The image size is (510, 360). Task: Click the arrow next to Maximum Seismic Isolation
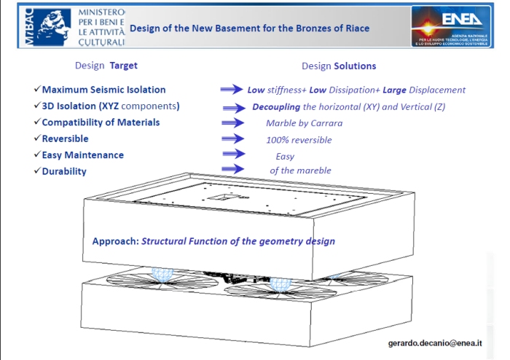(231, 90)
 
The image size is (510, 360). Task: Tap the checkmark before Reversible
(37, 138)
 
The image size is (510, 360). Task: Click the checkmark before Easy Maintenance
(37, 154)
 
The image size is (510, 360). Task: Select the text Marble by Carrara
(304, 123)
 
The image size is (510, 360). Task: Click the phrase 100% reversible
(299, 139)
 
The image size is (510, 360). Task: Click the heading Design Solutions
(339, 66)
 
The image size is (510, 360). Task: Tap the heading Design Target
(106, 66)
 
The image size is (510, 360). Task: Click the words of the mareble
(300, 171)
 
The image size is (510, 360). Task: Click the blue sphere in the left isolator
(162, 275)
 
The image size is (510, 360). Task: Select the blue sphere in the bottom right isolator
(279, 288)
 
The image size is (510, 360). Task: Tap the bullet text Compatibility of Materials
(101, 122)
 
